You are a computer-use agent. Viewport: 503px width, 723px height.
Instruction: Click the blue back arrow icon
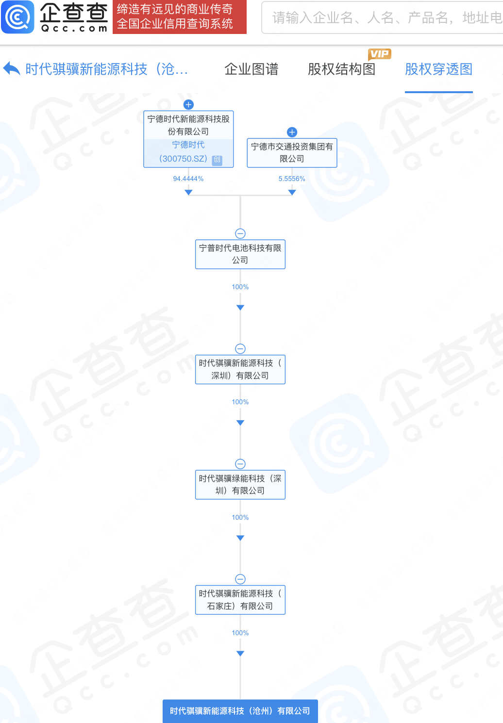click(x=12, y=69)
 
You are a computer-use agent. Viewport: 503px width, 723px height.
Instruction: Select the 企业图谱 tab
click(x=251, y=69)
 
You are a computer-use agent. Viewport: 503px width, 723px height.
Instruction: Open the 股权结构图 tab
click(x=341, y=69)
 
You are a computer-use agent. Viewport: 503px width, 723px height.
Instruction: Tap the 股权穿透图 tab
click(x=439, y=69)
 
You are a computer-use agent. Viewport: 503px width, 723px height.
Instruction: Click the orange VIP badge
click(x=380, y=54)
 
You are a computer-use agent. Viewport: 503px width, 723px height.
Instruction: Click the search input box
click(x=382, y=17)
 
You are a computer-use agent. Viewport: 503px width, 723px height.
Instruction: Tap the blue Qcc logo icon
click(x=17, y=17)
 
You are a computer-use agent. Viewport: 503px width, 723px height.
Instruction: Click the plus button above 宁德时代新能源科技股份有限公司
click(x=188, y=105)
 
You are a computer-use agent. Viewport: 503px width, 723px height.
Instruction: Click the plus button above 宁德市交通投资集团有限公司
click(x=292, y=132)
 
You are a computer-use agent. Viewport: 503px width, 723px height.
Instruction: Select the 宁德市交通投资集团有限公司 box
click(x=292, y=153)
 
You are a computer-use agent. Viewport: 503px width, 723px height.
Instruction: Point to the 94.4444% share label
click(x=188, y=179)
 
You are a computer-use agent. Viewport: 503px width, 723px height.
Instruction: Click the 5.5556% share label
click(x=292, y=179)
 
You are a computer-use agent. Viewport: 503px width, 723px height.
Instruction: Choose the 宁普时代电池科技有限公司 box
click(x=240, y=254)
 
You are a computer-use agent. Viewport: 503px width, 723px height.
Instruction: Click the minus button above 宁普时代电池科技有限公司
click(x=240, y=233)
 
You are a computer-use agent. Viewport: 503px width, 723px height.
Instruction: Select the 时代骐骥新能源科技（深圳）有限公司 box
click(x=240, y=369)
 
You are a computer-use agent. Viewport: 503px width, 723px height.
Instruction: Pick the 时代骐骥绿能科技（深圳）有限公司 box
click(x=240, y=484)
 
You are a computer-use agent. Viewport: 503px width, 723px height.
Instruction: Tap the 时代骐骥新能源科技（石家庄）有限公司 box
click(x=240, y=600)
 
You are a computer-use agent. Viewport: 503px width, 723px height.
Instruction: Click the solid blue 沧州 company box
click(x=240, y=711)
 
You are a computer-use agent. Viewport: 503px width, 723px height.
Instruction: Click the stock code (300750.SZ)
click(x=183, y=159)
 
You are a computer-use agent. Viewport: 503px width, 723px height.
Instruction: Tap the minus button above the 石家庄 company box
click(x=240, y=579)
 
